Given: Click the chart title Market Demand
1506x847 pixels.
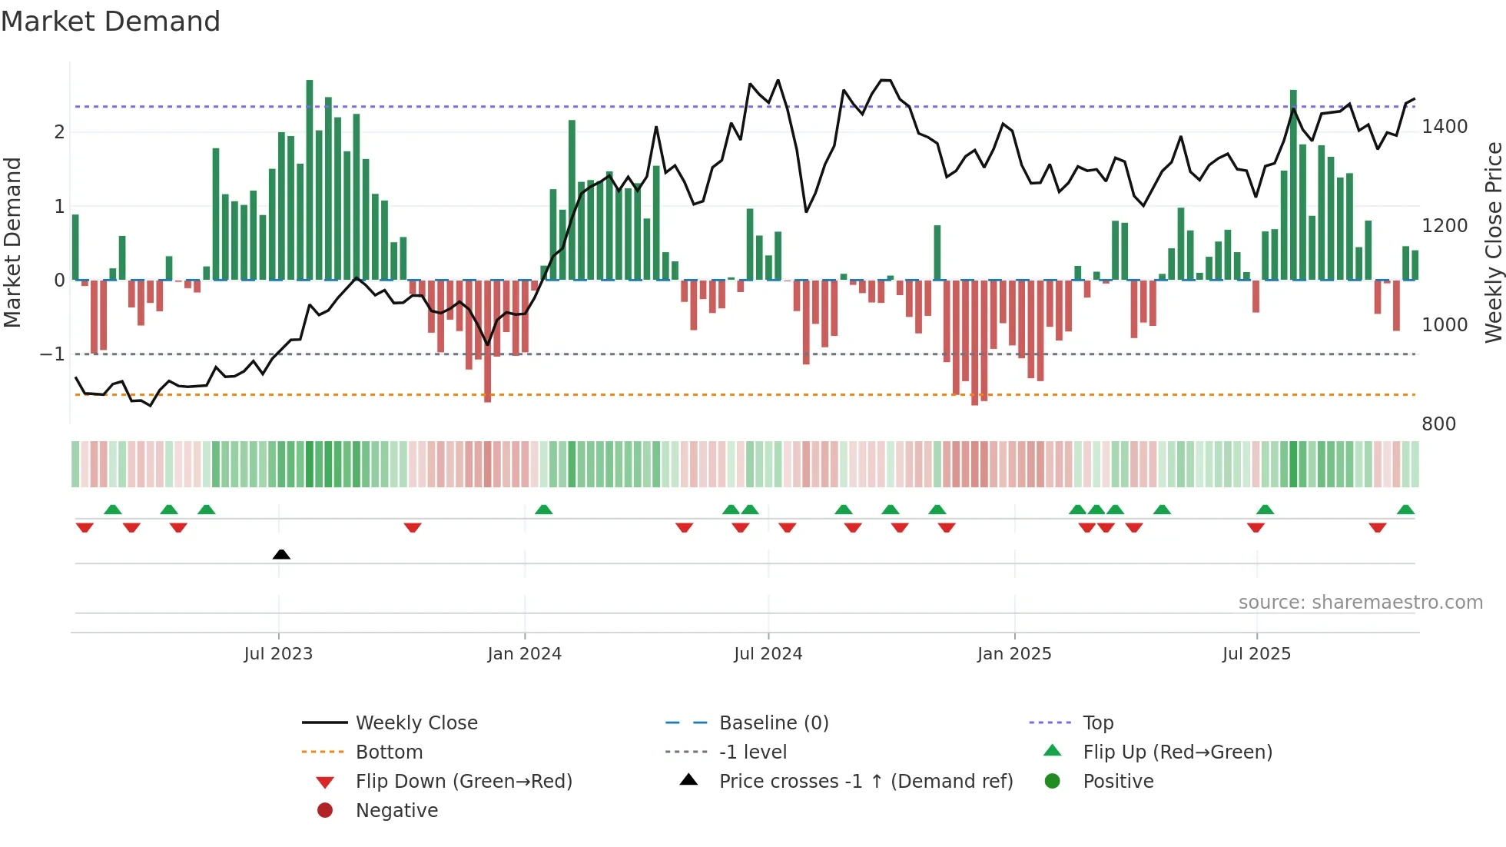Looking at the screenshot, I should [111, 22].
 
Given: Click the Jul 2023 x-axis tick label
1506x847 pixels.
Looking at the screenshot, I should [278, 654].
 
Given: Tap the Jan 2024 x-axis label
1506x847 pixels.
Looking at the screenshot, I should [525, 654].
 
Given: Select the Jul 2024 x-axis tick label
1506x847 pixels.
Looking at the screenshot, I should [768, 654].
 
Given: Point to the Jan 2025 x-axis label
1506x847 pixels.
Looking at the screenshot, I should [1014, 654].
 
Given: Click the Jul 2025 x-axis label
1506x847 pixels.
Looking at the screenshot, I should [1256, 654].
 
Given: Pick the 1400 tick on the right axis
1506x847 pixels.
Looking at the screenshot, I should [1445, 127].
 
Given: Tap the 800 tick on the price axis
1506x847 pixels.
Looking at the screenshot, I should [1438, 424].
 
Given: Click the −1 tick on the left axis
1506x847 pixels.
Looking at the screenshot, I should [52, 354].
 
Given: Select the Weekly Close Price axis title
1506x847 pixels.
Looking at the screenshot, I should [1493, 242].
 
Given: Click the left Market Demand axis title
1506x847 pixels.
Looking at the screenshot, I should [12, 242].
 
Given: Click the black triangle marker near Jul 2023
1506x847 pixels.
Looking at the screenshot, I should [281, 554].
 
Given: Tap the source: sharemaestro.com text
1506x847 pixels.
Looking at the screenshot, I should [1360, 603].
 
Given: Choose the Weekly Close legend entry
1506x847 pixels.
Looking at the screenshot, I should [416, 723].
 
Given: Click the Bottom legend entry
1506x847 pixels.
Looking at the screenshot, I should [389, 752].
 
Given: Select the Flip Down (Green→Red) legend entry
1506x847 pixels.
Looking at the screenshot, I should [463, 782].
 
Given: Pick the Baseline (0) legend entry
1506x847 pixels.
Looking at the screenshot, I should [774, 723].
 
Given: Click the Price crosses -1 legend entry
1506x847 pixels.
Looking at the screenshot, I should [866, 782].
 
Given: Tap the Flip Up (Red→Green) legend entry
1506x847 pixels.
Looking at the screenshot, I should [1177, 752].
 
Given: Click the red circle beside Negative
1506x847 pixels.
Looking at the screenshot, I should [325, 811].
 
